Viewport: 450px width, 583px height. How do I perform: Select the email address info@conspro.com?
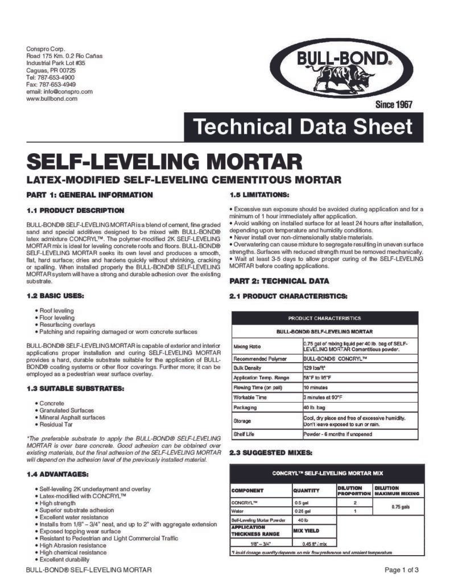coord(59,91)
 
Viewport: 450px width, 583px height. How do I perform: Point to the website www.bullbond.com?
coord(52,98)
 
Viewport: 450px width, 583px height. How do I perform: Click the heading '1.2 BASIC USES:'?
coord(55,296)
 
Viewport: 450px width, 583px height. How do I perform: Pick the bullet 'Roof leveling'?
coord(56,310)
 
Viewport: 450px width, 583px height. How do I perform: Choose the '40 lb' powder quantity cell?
coord(302,520)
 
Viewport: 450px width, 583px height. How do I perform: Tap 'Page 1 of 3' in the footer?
coord(402,570)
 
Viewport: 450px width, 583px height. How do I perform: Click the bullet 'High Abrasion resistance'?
coord(72,545)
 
